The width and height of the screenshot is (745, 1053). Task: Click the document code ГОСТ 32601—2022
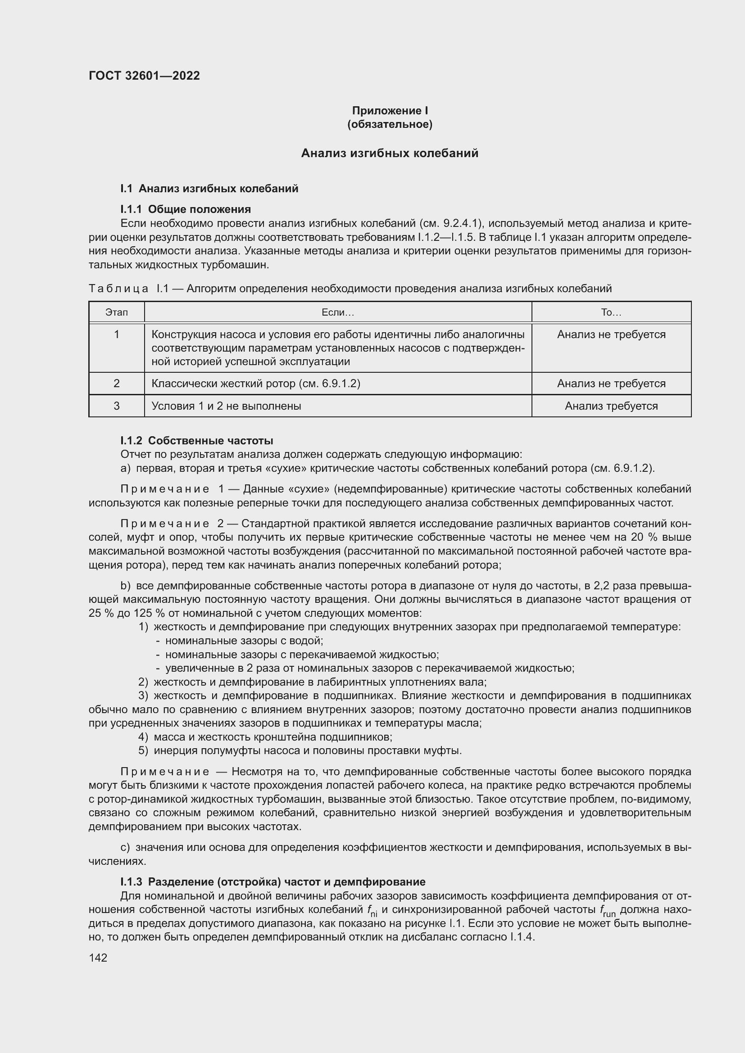coord(144,76)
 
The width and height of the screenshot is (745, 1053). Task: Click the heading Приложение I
coord(390,111)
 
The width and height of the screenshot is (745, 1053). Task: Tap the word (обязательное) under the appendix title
coord(390,124)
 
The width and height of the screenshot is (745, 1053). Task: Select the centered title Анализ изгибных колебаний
coord(390,153)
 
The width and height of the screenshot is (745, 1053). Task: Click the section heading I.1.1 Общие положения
coord(185,209)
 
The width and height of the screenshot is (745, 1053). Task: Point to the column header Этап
coord(117,312)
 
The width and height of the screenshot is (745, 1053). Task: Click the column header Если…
coord(338,312)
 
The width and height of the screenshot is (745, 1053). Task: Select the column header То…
coord(611,312)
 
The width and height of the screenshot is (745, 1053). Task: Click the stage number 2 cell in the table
coord(117,384)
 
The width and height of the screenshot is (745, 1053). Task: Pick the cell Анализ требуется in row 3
coord(611,406)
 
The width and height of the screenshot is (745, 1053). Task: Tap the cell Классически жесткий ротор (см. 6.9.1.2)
coord(255,384)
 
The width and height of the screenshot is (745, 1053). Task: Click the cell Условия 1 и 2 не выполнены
coord(226,406)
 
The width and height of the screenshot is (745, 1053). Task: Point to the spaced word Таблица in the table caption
coord(118,289)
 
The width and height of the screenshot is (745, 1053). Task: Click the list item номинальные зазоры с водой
coord(244,641)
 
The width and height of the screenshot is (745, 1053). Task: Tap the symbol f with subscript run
coord(608,911)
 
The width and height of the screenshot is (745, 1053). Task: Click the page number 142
coord(98,958)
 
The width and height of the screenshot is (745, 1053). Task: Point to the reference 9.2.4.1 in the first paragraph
coord(462,223)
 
